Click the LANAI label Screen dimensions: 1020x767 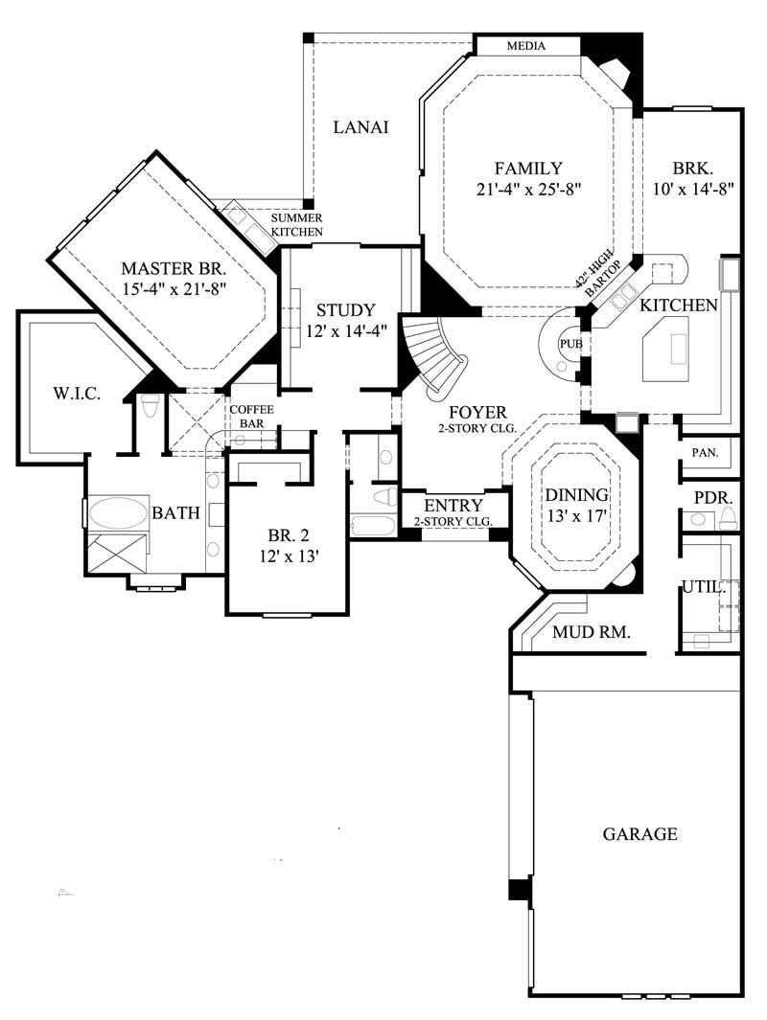(360, 127)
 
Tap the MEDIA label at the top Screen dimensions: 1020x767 (525, 46)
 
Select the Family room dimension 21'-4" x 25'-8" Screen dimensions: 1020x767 (529, 189)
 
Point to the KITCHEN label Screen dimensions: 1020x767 (679, 306)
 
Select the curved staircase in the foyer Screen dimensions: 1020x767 (436, 356)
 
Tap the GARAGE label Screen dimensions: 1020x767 (639, 834)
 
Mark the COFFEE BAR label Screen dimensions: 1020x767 (251, 417)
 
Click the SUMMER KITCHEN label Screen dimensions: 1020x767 (296, 225)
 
